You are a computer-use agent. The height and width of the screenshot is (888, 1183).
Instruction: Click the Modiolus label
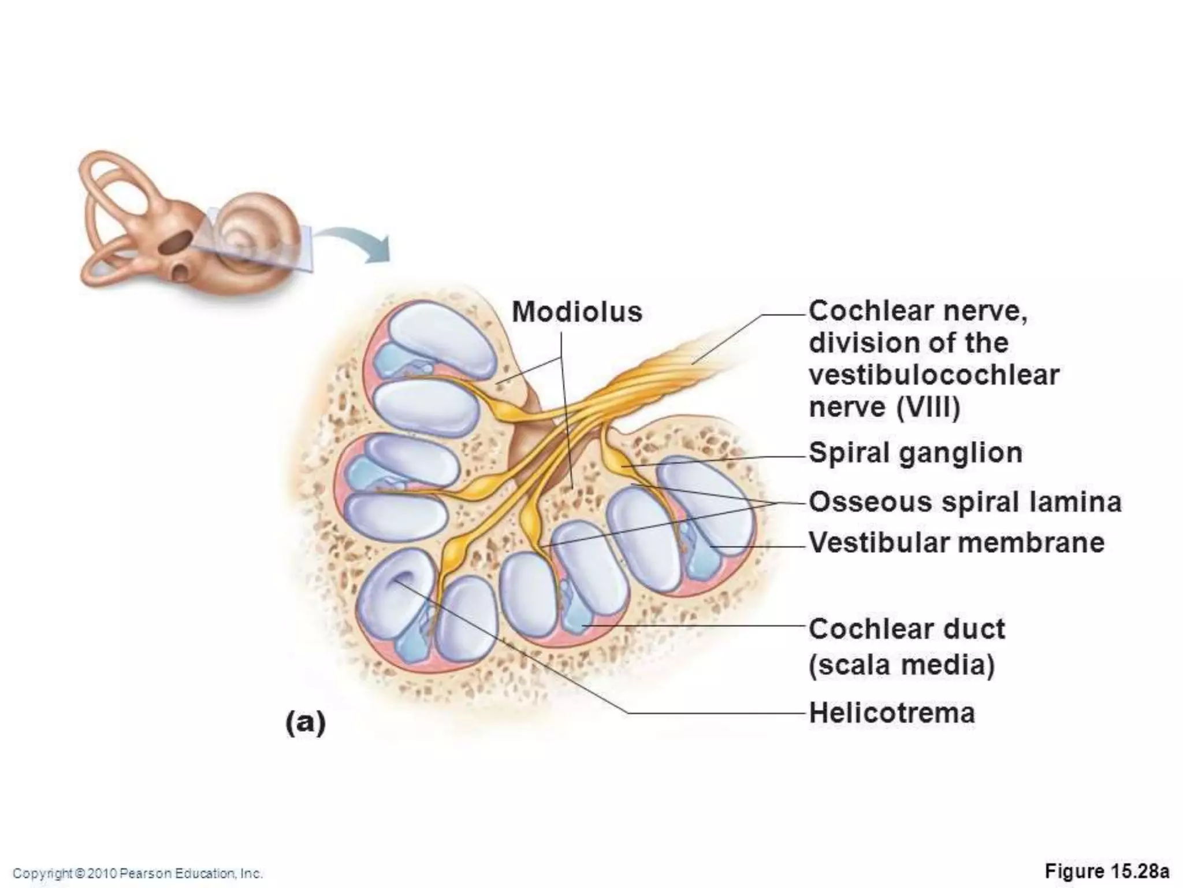click(x=577, y=312)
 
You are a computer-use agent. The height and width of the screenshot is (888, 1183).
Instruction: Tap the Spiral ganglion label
click(x=916, y=453)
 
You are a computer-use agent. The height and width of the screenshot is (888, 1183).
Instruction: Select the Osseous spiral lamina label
click(x=965, y=502)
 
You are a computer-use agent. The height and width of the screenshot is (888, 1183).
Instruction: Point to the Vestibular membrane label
click(x=957, y=543)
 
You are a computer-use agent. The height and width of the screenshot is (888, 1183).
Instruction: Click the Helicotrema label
click(x=892, y=713)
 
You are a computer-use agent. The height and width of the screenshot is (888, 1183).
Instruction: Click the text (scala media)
click(x=902, y=664)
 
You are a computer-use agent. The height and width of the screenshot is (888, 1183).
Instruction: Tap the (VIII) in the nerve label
click(x=928, y=407)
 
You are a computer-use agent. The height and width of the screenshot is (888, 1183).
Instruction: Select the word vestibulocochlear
click(x=934, y=375)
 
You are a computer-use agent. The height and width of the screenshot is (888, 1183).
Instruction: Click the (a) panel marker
click(x=306, y=723)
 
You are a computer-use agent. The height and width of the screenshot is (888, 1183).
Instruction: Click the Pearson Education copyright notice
click(x=138, y=873)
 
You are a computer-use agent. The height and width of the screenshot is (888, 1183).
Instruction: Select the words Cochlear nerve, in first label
click(x=918, y=312)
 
